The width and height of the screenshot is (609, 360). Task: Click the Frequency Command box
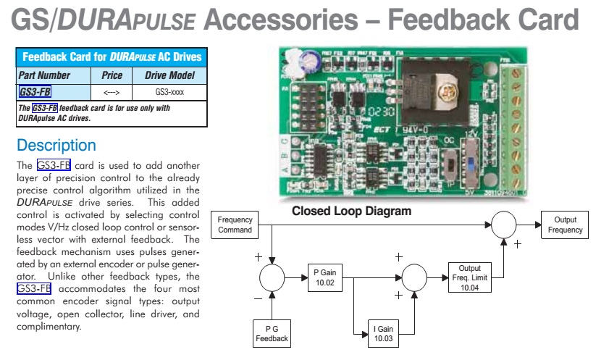[x=235, y=225]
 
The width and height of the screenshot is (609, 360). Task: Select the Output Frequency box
[x=566, y=225]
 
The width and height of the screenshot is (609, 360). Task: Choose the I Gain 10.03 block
[x=384, y=333]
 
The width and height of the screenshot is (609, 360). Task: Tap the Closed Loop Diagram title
[x=351, y=212]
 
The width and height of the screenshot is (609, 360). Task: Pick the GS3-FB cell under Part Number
[x=35, y=91]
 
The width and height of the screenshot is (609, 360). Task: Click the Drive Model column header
[x=170, y=75]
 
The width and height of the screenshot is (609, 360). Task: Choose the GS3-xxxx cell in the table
[x=170, y=91]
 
